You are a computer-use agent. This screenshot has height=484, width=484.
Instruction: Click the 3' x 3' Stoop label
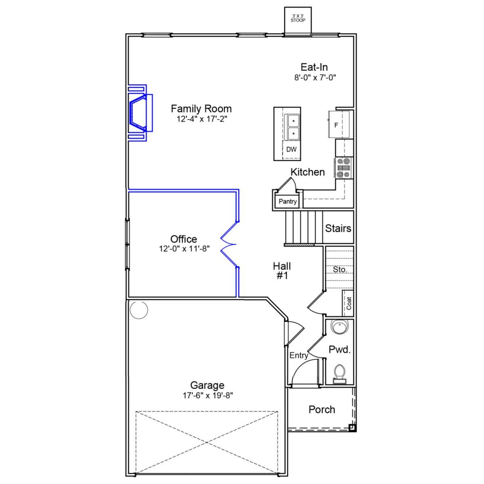298,18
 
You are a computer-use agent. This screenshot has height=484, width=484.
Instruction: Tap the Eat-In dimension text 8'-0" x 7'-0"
315,78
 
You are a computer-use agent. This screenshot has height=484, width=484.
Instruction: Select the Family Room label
201,109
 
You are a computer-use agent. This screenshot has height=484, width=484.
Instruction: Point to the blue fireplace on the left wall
138,113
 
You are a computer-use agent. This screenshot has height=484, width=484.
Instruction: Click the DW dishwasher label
291,149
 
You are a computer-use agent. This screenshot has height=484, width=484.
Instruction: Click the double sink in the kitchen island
293,127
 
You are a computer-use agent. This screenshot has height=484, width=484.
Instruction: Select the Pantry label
287,202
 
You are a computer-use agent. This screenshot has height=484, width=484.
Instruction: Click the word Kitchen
307,172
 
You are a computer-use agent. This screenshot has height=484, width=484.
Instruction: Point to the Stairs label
338,228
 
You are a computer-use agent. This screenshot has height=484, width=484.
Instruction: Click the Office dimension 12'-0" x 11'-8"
184,249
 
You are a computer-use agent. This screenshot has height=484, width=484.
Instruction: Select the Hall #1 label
282,271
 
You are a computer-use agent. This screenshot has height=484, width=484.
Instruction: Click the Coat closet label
349,303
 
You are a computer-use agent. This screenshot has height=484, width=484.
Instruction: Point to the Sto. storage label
340,270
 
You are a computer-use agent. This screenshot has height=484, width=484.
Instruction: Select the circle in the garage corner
139,310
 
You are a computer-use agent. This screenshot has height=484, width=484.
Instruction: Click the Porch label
321,410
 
